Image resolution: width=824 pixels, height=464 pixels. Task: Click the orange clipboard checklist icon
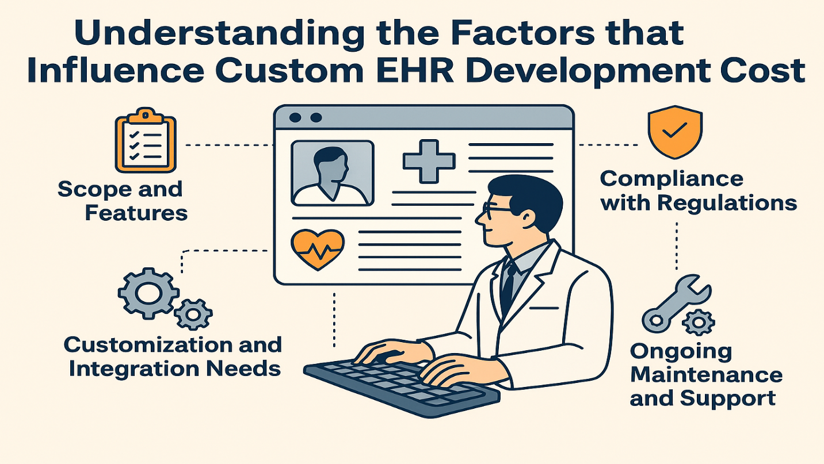point(146,140)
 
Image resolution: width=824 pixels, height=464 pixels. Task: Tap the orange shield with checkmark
point(675,132)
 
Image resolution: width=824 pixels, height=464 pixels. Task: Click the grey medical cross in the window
point(429,162)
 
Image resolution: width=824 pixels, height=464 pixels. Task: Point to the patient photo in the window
point(333,173)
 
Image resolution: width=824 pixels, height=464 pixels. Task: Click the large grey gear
point(148,293)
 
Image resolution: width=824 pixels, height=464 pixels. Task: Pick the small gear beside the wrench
point(698,323)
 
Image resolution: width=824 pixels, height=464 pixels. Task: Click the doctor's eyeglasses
point(497,209)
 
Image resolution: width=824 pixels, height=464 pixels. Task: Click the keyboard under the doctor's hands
point(401,388)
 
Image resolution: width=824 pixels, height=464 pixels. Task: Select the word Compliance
point(672,179)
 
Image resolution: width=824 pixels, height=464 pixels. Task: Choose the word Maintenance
point(706,375)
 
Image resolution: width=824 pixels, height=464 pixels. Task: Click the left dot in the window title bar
point(295,118)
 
